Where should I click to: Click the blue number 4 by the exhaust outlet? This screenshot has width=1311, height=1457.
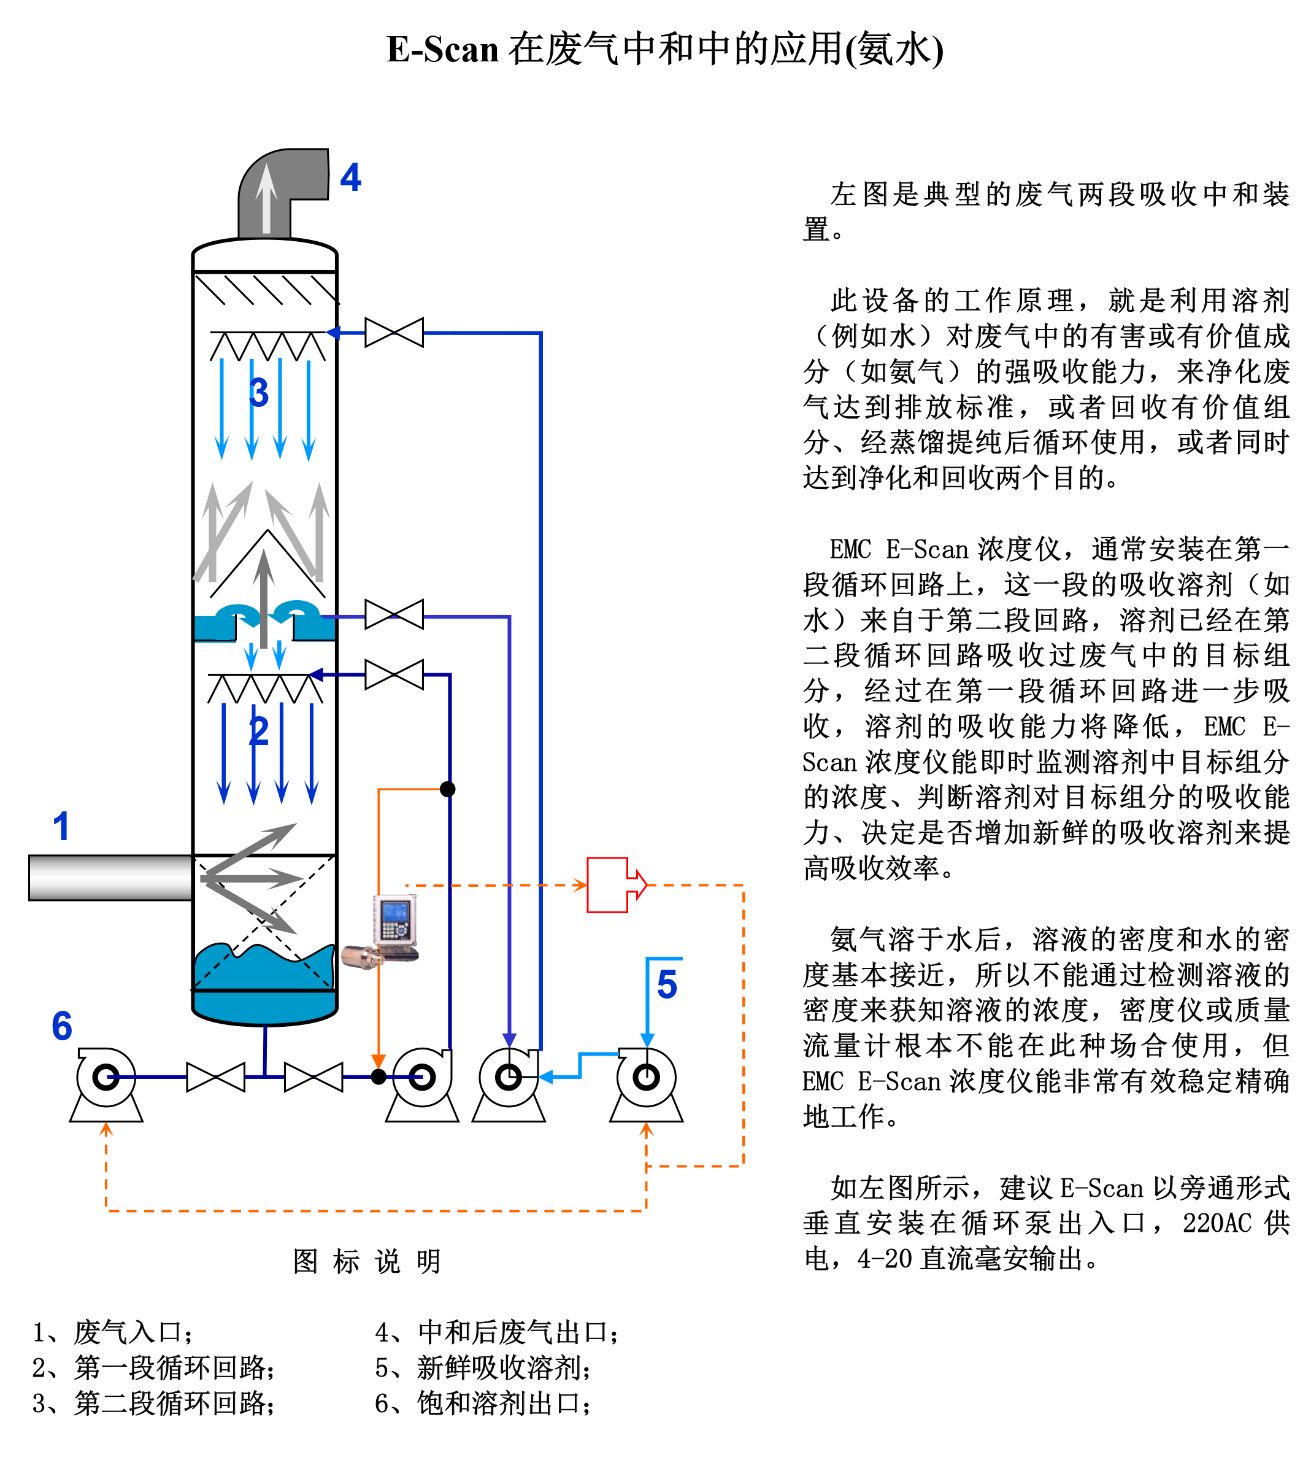click(350, 177)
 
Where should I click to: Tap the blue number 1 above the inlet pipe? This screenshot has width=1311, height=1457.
click(61, 827)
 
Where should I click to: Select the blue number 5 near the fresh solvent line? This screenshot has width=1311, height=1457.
click(667, 984)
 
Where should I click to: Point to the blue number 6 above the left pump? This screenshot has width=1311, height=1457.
click(62, 1026)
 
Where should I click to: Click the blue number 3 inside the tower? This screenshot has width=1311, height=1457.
click(259, 393)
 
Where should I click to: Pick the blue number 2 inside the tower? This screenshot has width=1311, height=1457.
click(259, 732)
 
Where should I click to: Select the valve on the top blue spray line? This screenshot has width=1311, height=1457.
click(394, 333)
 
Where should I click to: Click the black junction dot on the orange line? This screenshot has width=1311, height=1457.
click(447, 789)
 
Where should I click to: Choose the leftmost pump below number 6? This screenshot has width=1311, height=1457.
click(107, 1084)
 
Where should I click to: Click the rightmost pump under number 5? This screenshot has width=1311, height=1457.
click(646, 1084)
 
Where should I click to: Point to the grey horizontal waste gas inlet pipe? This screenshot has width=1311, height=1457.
click(110, 878)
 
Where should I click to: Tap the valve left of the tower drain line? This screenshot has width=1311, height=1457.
click(215, 1077)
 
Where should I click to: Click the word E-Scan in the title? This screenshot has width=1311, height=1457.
click(442, 50)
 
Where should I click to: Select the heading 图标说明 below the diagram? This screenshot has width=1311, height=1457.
click(367, 1262)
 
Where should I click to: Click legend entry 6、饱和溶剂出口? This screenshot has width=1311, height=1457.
click(483, 1404)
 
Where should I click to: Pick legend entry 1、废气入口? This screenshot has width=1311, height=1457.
click(113, 1332)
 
